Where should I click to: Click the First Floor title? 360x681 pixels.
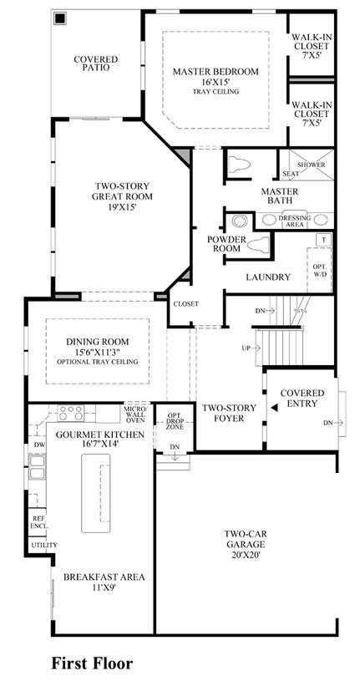(92, 663)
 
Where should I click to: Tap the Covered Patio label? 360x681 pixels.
(95, 64)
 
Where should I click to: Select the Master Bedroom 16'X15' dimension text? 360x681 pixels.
(215, 82)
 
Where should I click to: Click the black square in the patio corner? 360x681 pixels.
(59, 18)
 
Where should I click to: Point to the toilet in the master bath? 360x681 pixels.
(239, 164)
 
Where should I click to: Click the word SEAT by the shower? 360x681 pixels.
(291, 174)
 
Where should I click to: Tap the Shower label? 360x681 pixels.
(311, 165)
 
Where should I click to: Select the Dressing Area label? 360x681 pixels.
(295, 221)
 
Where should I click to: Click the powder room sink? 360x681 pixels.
(239, 221)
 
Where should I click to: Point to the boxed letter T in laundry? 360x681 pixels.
(323, 239)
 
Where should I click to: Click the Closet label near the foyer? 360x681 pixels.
(186, 303)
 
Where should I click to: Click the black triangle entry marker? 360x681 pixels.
(274, 408)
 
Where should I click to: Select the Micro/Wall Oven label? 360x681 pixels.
(136, 414)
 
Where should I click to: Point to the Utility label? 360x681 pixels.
(43, 545)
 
